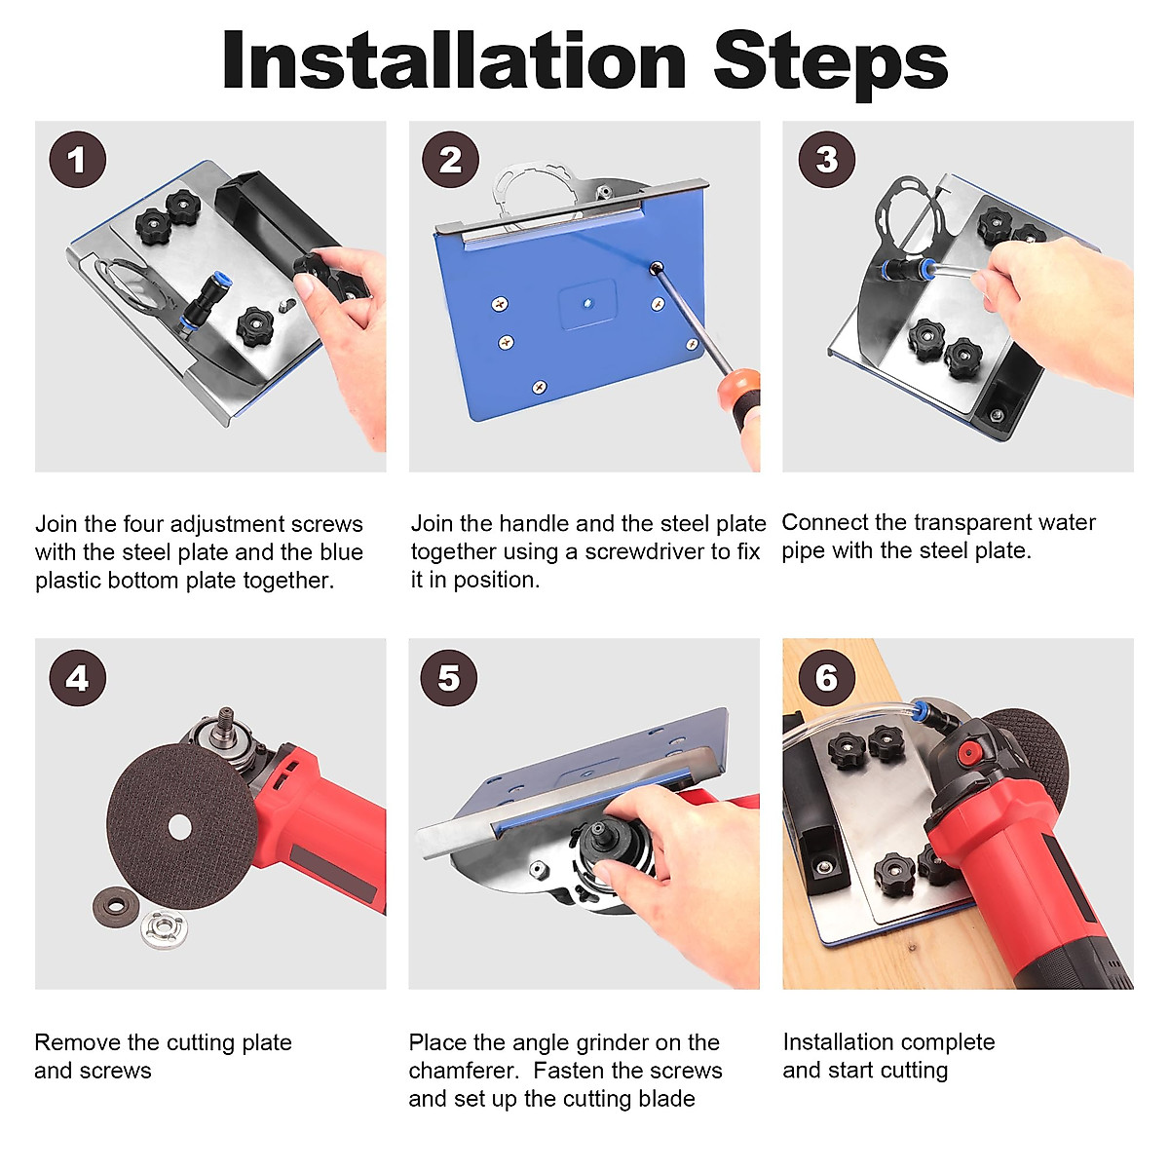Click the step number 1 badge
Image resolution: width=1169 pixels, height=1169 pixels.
(x=78, y=160)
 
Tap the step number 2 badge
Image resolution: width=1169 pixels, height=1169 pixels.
(x=450, y=160)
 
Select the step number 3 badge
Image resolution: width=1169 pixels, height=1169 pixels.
(x=826, y=160)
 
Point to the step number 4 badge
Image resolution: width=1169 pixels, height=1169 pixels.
(x=78, y=678)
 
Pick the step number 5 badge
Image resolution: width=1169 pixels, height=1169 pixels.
(x=449, y=678)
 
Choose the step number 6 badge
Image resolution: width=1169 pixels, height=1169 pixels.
(x=826, y=678)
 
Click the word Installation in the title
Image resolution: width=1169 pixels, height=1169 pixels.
(x=454, y=60)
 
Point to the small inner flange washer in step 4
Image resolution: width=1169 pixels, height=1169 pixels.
(x=116, y=906)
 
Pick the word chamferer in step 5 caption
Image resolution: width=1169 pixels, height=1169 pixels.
(x=464, y=1071)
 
